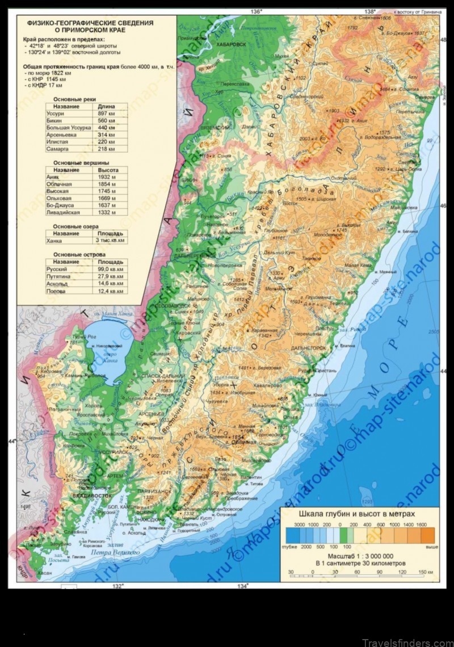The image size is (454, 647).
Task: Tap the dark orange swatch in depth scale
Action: (x=427, y=533)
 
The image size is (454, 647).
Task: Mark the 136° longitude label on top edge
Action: (x=257, y=11)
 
